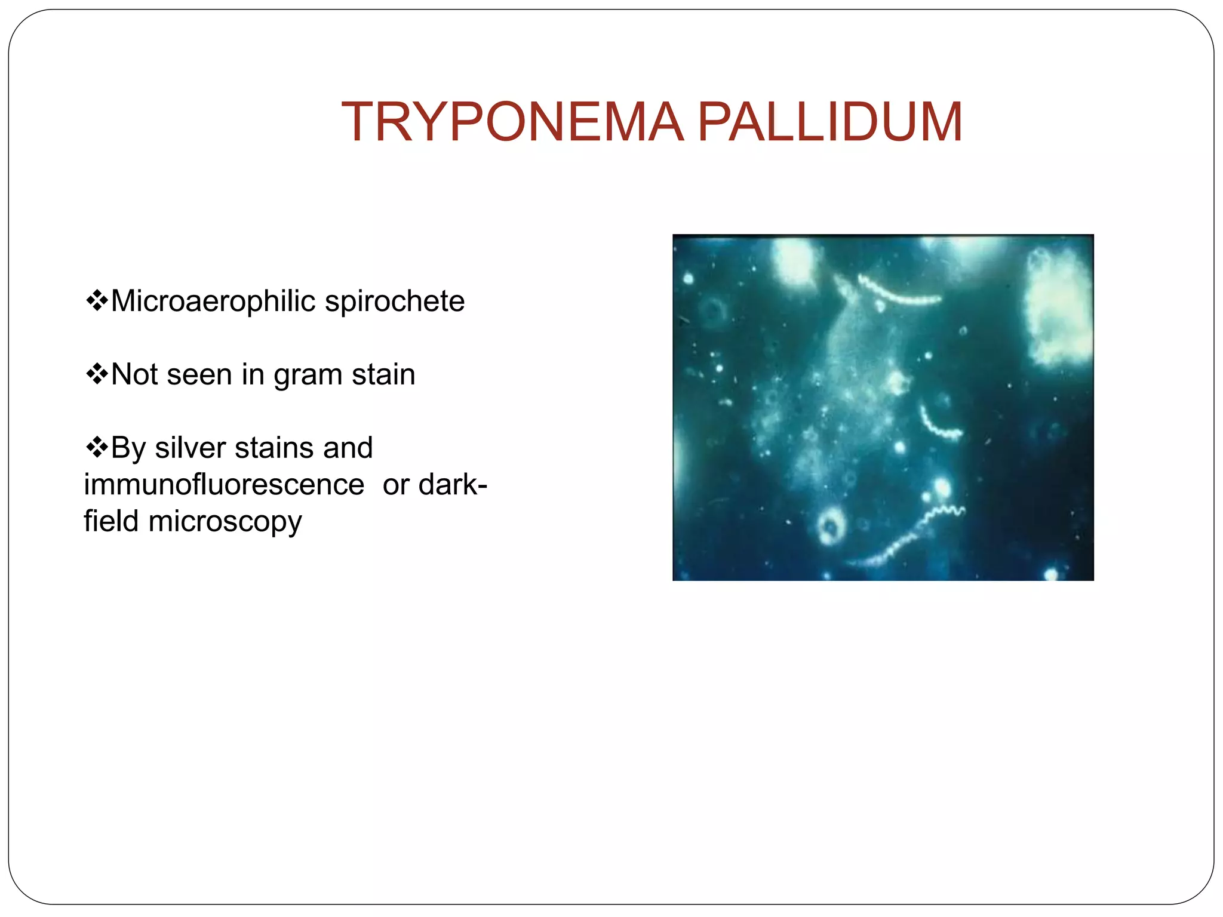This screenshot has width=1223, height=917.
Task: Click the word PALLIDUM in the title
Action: (x=829, y=122)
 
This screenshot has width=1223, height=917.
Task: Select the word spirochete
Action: (x=395, y=301)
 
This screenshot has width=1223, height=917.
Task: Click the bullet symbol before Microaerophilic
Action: (x=96, y=300)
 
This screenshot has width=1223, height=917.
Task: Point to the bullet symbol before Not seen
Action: (x=96, y=374)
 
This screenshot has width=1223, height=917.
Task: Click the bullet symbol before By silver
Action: (x=96, y=447)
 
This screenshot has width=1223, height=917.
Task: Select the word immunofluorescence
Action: (x=224, y=484)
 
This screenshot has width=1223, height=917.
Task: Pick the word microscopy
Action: (x=225, y=522)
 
